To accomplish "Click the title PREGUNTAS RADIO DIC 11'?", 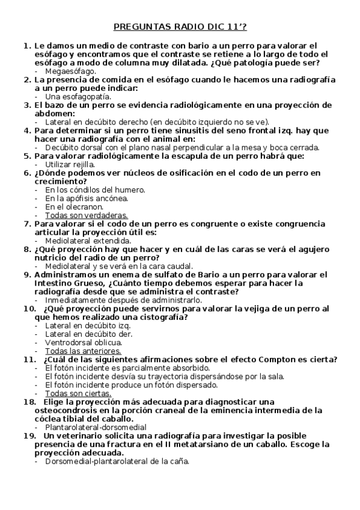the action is click(x=180, y=27).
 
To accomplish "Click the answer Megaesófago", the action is click(x=71, y=71).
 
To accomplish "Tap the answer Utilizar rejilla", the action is click(x=70, y=164).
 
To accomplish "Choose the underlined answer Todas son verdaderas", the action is click(x=87, y=215).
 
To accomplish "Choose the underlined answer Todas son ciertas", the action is click(x=78, y=393).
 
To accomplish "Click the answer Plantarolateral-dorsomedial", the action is click(x=91, y=427).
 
